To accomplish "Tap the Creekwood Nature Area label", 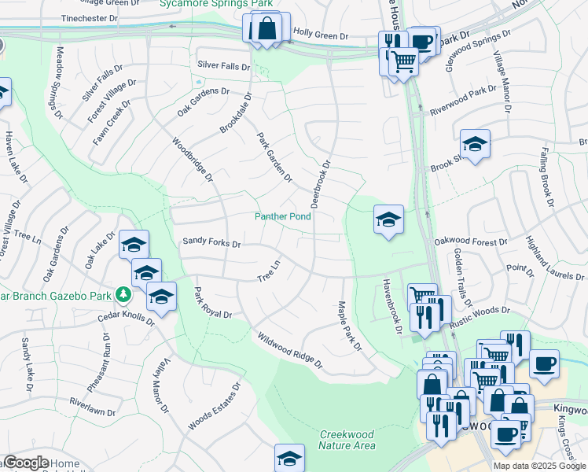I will [347, 440].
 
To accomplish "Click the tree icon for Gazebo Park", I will [123, 294].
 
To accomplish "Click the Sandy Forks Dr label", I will [211, 243].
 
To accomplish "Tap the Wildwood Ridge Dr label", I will [289, 350].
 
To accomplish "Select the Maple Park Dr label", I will [349, 326].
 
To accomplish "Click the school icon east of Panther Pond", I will [388, 220].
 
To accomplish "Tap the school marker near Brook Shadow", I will [475, 145].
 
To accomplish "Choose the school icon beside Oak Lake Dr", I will [134, 245].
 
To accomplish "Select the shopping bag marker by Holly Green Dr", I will [267, 28].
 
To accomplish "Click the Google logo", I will [25, 463].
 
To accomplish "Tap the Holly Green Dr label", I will [320, 36].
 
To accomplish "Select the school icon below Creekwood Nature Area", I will [289, 459].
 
